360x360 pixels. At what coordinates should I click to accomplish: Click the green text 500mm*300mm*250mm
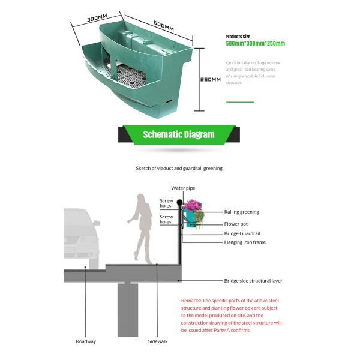click(x=255, y=44)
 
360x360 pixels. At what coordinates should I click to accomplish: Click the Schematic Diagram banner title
click(x=178, y=134)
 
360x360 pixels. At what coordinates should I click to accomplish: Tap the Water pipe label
click(x=182, y=188)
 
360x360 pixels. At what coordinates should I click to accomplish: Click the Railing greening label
click(x=241, y=212)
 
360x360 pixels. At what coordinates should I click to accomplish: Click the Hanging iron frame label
click(x=245, y=242)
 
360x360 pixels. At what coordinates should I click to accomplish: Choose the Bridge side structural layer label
click(x=253, y=280)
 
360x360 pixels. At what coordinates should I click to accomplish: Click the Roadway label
click(x=86, y=341)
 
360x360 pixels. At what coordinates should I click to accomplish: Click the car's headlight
click(x=77, y=236)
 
